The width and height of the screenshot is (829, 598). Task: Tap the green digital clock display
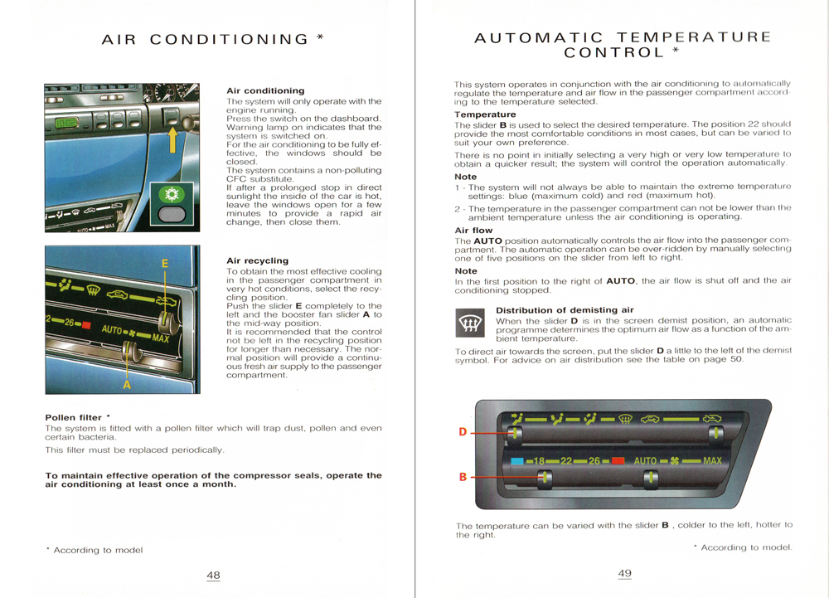(x=67, y=124)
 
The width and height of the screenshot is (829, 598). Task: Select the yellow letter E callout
(x=165, y=264)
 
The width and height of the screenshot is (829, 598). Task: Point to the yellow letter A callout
(x=127, y=384)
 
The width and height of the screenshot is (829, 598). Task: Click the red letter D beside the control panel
(x=463, y=431)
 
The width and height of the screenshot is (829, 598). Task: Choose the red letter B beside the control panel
(x=463, y=478)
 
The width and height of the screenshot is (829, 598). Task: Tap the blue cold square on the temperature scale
(x=516, y=461)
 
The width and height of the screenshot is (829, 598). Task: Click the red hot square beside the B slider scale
(x=618, y=461)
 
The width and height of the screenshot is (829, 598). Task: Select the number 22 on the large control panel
(x=567, y=461)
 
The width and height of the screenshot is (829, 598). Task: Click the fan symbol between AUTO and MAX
(x=676, y=461)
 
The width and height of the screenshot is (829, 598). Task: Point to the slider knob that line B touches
(x=545, y=478)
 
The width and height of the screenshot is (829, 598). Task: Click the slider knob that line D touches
(x=516, y=432)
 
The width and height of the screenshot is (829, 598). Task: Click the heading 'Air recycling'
(x=257, y=260)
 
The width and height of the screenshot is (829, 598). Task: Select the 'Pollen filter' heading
(x=73, y=417)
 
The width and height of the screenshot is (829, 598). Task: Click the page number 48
(x=213, y=576)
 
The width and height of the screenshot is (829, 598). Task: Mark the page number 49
(x=625, y=573)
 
